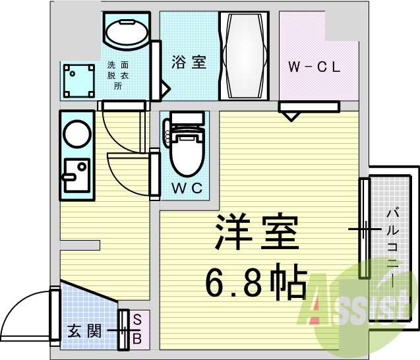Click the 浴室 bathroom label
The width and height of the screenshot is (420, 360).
pyautogui.click(x=189, y=63)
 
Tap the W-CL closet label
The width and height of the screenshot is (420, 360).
pyautogui.click(x=315, y=67)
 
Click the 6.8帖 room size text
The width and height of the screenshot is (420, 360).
pyautogui.click(x=256, y=283)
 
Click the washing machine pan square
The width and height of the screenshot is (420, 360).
pyautogui.click(x=76, y=80)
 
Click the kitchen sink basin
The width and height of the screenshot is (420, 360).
pyautogui.click(x=76, y=173)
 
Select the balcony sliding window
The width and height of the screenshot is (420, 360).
pyautogui.click(x=363, y=227)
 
